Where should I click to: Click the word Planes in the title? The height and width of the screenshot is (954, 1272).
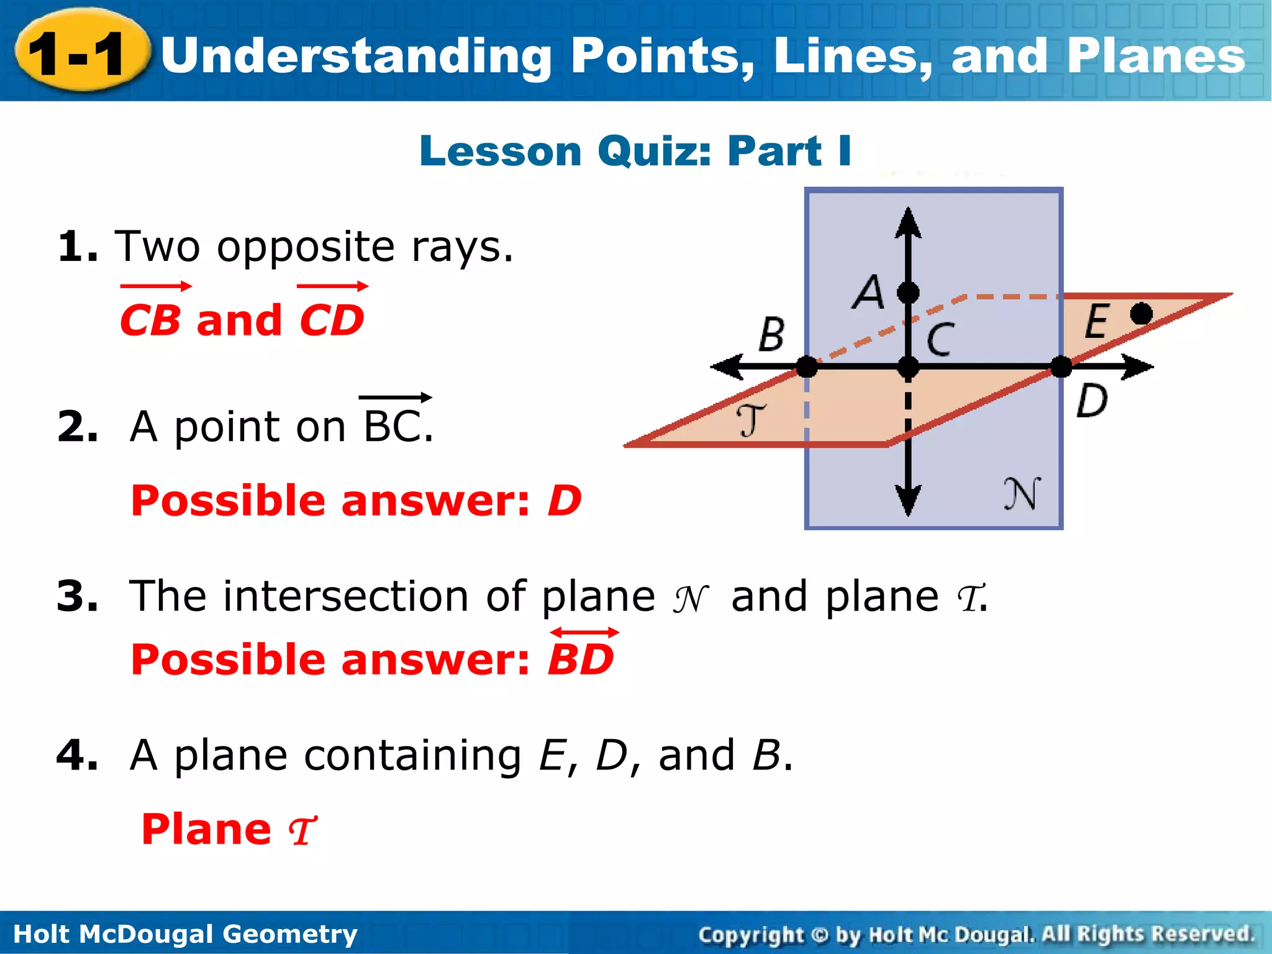pos(1155,56)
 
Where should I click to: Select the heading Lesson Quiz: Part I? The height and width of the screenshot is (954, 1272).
pos(635,151)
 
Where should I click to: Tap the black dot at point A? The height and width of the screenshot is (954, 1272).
pos(908,292)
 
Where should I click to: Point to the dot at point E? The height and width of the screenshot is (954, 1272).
pos(1141,314)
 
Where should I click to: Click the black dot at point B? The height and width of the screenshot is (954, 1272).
pos(807,367)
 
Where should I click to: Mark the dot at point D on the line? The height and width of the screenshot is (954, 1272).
pos(1061,366)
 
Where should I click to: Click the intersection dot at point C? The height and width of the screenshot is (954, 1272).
pos(908,367)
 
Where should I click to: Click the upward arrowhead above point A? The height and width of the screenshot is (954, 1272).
pos(908,222)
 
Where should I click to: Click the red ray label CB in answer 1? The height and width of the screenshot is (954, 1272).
pos(150,320)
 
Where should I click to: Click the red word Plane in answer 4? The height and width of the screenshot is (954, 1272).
pos(206,829)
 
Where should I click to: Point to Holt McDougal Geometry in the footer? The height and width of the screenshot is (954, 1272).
pos(185,934)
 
